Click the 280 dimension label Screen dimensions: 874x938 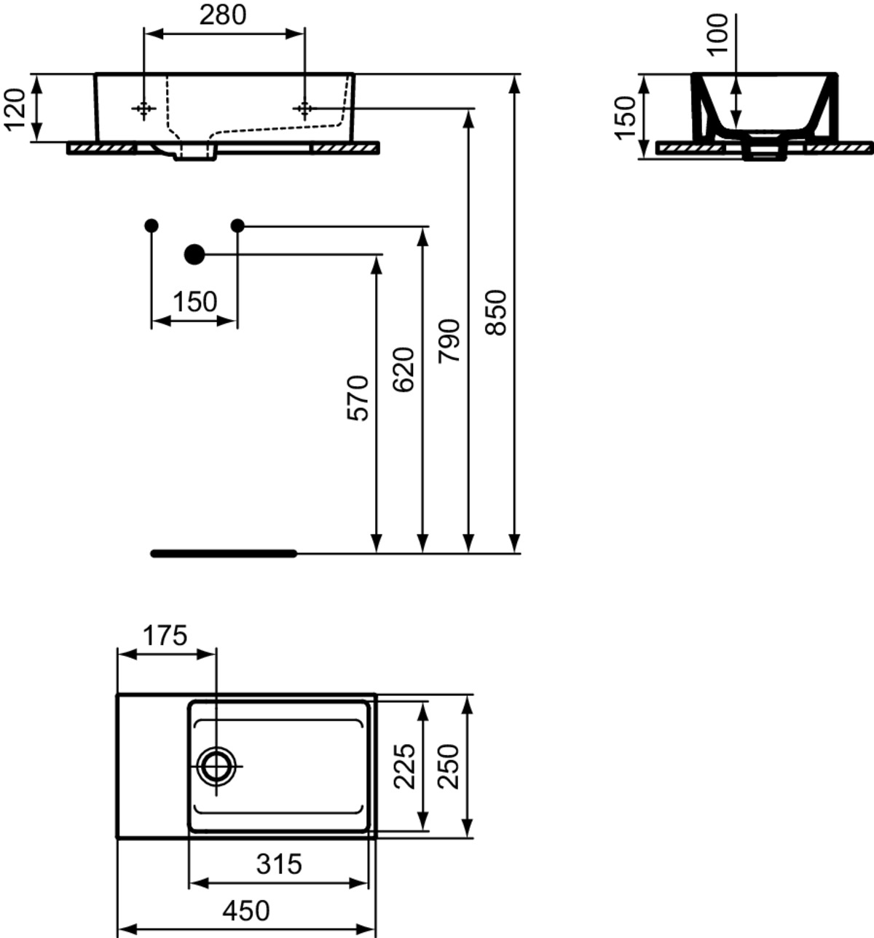[223, 15]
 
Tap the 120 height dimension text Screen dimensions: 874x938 [15, 109]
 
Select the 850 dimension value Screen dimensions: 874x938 [496, 313]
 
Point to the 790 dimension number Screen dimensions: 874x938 [449, 341]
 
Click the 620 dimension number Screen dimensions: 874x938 [403, 370]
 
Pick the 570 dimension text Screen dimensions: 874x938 [358, 398]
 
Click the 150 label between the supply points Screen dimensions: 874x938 [195, 302]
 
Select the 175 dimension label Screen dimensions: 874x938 [165, 636]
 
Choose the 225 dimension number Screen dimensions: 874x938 [404, 766]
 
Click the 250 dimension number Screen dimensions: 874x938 [449, 766]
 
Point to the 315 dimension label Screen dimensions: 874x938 [278, 864]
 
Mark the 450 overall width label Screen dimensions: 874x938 [246, 910]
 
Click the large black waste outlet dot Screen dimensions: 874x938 [194, 254]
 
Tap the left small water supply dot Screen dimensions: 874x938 [151, 226]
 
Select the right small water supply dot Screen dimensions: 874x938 [237, 226]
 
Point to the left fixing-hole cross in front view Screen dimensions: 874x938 [143, 109]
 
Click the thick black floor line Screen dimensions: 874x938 [224, 553]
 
